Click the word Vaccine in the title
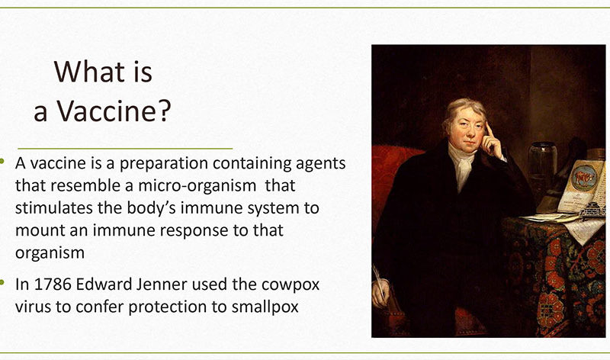pyautogui.click(x=106, y=111)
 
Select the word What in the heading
pyautogui.click(x=88, y=72)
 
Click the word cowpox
pyautogui.click(x=291, y=285)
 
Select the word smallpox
pyautogui.click(x=265, y=307)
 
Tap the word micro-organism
pyautogui.click(x=197, y=185)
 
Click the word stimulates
pyautogui.click(x=54, y=207)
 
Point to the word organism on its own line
pyautogui.click(x=50, y=253)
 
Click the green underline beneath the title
pyautogui.click(x=125, y=149)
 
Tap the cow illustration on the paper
pyautogui.click(x=583, y=178)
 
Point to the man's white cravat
pyautogui.click(x=462, y=166)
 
